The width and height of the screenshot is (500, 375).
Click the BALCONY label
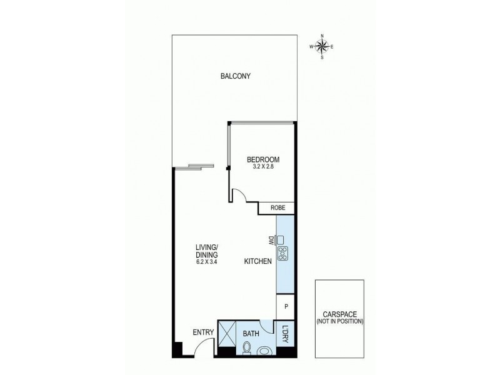(236, 77)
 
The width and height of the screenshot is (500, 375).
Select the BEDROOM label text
(263, 159)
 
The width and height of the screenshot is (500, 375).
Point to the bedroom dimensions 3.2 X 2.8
(263, 167)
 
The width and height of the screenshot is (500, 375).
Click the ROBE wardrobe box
(277, 209)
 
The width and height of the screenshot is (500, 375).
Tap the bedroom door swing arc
(239, 195)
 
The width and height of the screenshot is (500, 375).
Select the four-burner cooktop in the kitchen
(282, 254)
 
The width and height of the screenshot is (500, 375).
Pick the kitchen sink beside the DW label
(282, 239)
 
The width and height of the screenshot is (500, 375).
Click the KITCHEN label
(257, 262)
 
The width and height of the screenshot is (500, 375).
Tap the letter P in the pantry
(286, 307)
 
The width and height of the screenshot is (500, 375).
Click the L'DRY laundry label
(285, 332)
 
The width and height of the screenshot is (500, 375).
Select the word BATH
(251, 333)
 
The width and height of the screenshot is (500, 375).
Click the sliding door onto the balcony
(194, 166)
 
